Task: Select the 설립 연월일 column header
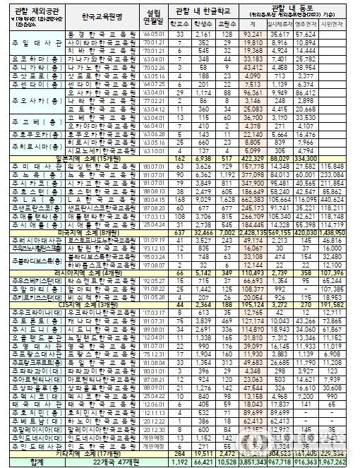(155, 16)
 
